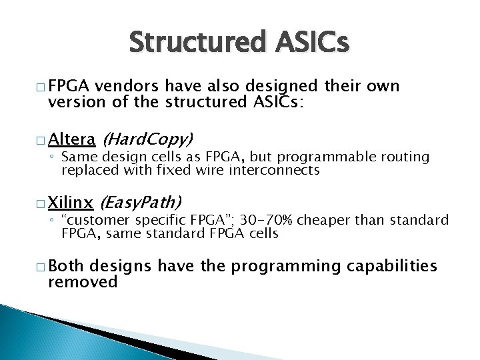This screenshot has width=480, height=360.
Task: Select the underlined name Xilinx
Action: click(x=73, y=201)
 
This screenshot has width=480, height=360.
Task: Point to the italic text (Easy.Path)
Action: click(x=140, y=201)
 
